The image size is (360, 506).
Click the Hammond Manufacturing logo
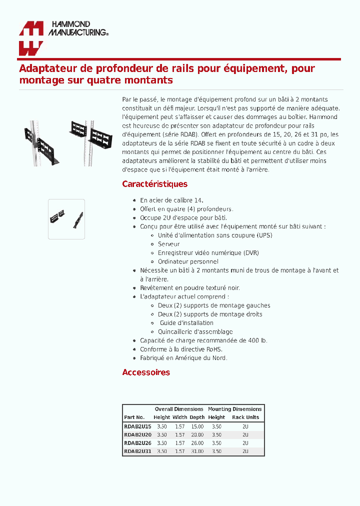coord(63,38)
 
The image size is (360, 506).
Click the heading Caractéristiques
coord(154,184)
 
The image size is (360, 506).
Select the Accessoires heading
coord(146,372)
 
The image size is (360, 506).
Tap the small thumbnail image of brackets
coord(66,218)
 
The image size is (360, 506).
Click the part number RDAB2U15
coord(137,426)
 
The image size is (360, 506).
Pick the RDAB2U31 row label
coord(137,451)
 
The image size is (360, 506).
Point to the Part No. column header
coord(134,417)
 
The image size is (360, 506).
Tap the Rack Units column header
coord(245,417)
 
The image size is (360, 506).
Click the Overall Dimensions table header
coord(179,409)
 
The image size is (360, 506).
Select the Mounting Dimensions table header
coord(234,409)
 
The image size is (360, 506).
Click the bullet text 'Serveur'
coord(168,244)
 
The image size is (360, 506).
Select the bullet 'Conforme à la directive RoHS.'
coord(181,349)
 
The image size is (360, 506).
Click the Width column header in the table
coord(179,417)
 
